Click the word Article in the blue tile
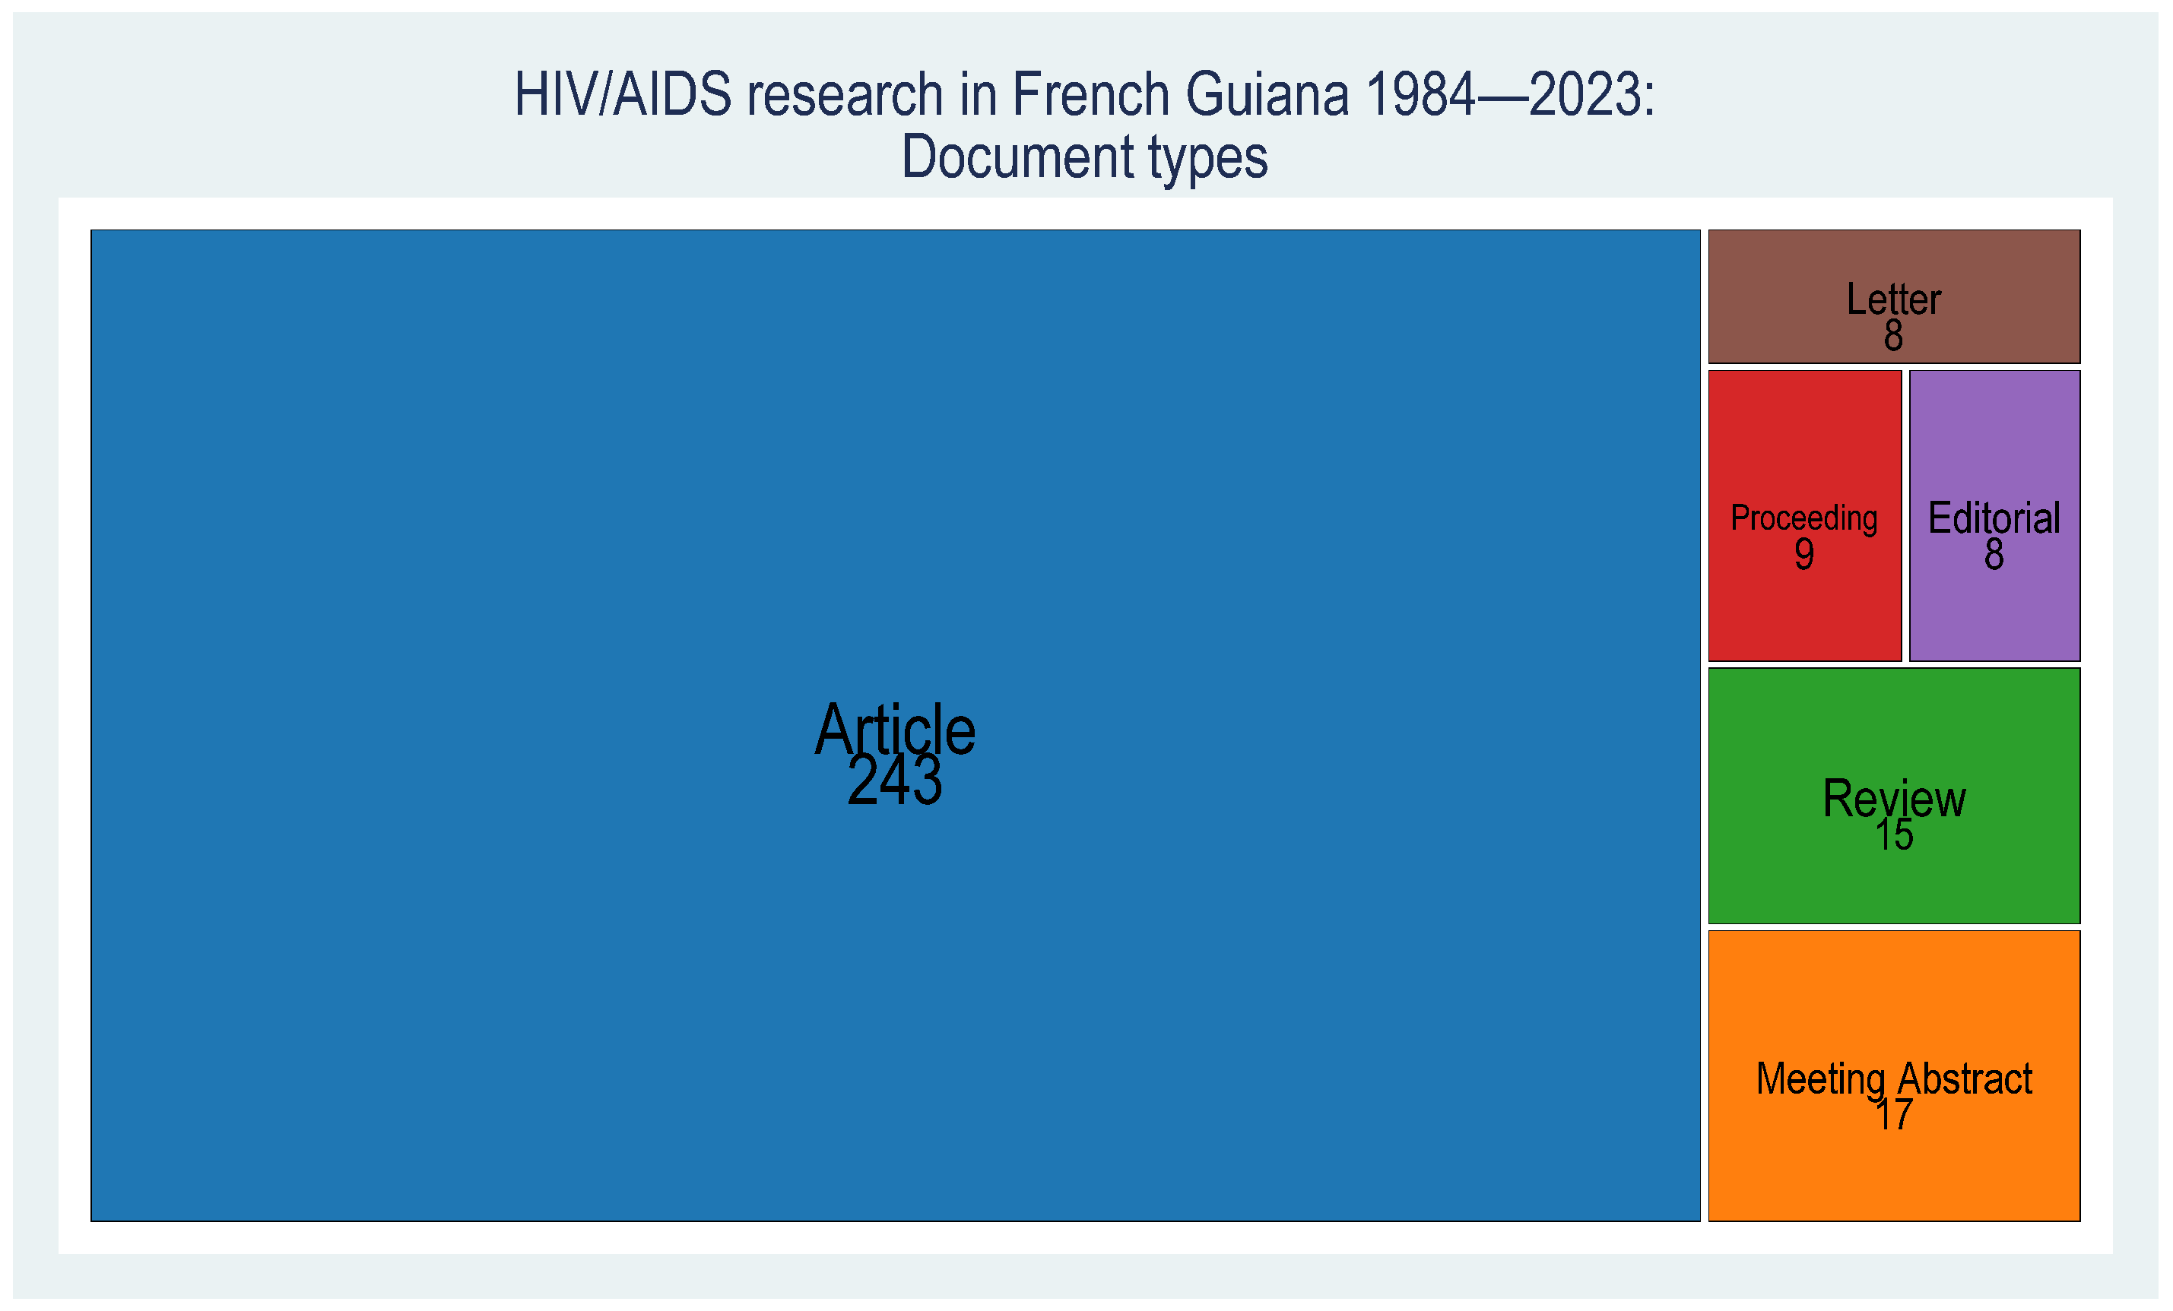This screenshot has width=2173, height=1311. [894, 730]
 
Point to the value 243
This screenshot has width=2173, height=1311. [894, 781]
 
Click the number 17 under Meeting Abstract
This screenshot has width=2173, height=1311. [1893, 1115]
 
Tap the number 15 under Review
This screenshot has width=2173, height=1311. [1893, 835]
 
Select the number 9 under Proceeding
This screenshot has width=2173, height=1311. [1803, 555]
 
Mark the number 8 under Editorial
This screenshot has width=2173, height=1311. [1994, 555]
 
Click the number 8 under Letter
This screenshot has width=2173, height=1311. [1893, 336]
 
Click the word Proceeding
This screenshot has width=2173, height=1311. [1803, 518]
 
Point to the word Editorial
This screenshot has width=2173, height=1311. [1994, 518]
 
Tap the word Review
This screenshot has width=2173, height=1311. [1893, 799]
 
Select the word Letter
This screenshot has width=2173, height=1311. [1893, 299]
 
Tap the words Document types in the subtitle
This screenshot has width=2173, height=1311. [1085, 157]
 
